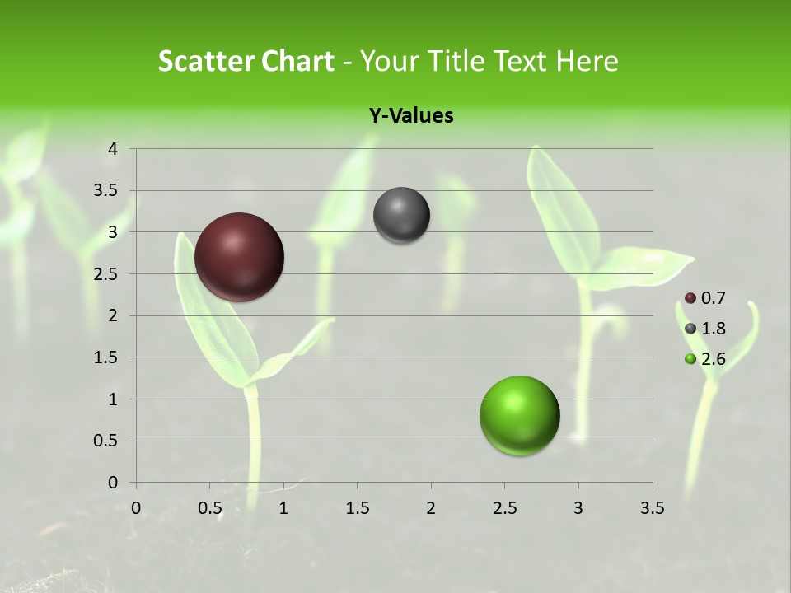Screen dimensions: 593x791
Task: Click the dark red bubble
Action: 239,257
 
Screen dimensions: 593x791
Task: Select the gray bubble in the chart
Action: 401,215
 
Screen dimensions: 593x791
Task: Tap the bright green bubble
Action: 519,415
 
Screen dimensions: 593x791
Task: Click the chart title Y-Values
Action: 411,116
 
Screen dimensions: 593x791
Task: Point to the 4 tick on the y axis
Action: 114,149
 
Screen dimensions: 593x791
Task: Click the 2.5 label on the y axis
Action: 106,274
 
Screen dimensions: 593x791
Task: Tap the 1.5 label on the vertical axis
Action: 106,357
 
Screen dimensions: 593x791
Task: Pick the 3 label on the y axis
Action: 114,232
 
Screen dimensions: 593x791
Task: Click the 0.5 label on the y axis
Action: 106,441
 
